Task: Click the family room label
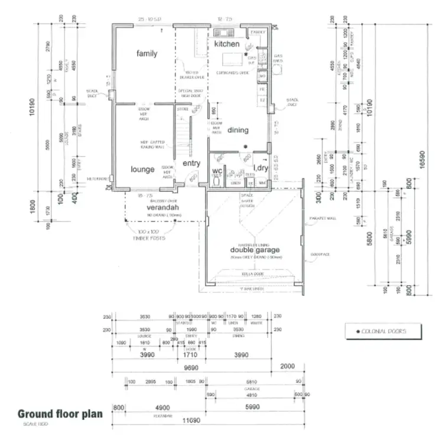coord(147,54)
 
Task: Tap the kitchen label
coord(227,44)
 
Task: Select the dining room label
coord(238,130)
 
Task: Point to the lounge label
coord(142,170)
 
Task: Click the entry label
coord(191,164)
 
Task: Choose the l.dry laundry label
coord(260,168)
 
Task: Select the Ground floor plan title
coord(60,413)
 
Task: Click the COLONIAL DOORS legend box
coord(384,331)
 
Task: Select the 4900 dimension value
coord(162,407)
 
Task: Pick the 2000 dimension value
coord(287,366)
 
